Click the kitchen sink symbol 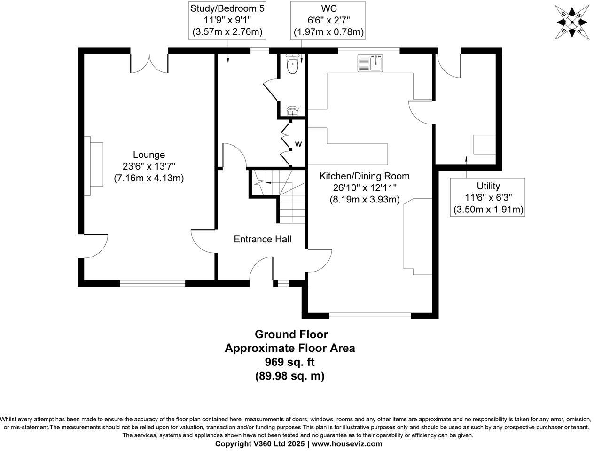pyautogui.click(x=371, y=63)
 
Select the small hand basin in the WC pyautogui.click(x=292, y=112)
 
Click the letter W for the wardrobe pyautogui.click(x=298, y=144)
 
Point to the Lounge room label pyautogui.click(x=148, y=155)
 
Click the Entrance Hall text pyautogui.click(x=262, y=239)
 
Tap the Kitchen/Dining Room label pyautogui.click(x=364, y=176)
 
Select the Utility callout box pyautogui.click(x=488, y=197)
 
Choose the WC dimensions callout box pyautogui.click(x=328, y=20)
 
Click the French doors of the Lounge pyautogui.click(x=149, y=64)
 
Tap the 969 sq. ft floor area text pyautogui.click(x=289, y=362)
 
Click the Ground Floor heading pyautogui.click(x=291, y=334)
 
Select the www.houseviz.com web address pyautogui.click(x=347, y=443)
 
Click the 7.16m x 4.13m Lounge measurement pyautogui.click(x=148, y=178)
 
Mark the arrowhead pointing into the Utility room pyautogui.click(x=466, y=160)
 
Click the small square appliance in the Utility pyautogui.click(x=484, y=144)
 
